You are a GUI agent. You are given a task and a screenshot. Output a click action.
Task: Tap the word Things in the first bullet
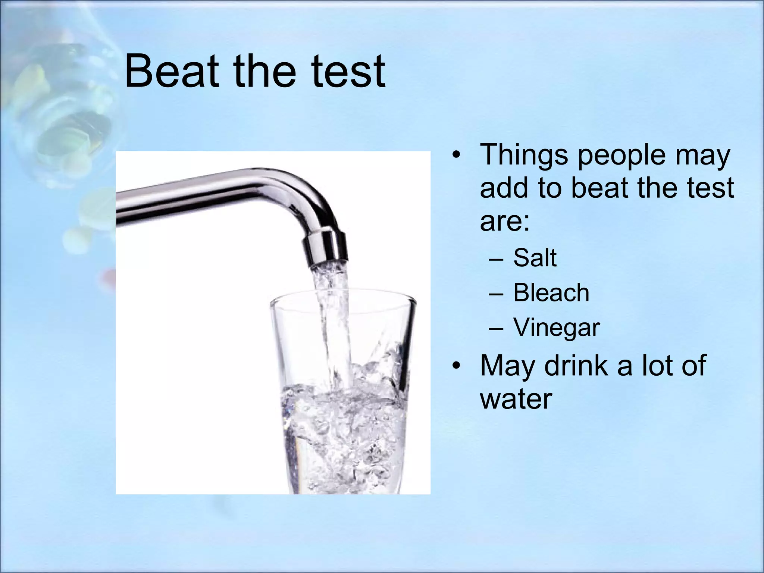point(524,155)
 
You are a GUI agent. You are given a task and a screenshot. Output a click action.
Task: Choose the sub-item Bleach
point(551,292)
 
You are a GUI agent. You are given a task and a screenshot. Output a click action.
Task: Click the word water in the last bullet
point(516,399)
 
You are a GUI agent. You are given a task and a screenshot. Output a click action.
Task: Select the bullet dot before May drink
point(455,366)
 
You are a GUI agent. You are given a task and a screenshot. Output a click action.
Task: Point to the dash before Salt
point(496,258)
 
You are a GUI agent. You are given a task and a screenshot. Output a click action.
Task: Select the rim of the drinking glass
point(343,298)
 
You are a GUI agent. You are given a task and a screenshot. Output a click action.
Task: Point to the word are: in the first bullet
point(504,222)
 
